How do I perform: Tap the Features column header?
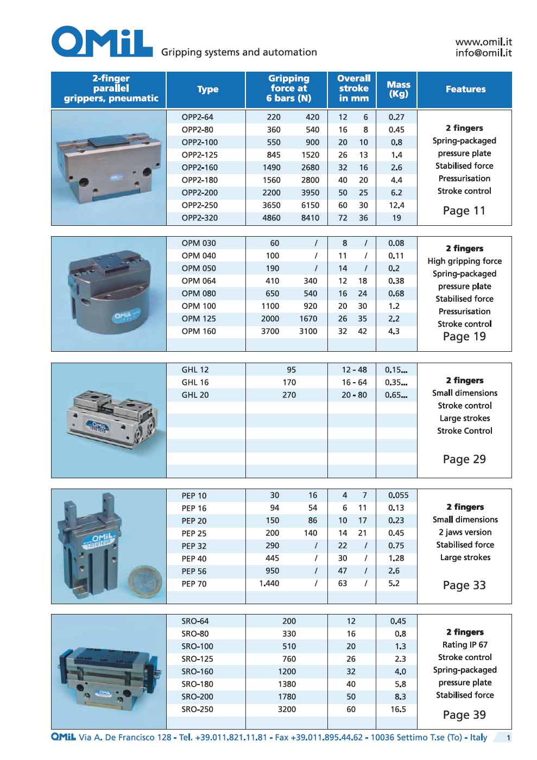pyautogui.click(x=465, y=89)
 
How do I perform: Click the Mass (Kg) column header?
pyautogui.click(x=398, y=89)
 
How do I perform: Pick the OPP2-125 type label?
pyautogui.click(x=199, y=155)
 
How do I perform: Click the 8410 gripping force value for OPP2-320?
pyautogui.click(x=310, y=218)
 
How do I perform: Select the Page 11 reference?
pyautogui.click(x=464, y=211)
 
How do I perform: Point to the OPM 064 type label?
pyautogui.click(x=199, y=281)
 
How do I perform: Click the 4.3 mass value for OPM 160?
pyautogui.click(x=394, y=331)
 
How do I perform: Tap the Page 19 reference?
pyautogui.click(x=464, y=337)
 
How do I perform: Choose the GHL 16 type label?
pyautogui.click(x=195, y=382)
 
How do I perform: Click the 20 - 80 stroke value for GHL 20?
pyautogui.click(x=354, y=395)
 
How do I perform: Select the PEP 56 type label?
pyautogui.click(x=194, y=571)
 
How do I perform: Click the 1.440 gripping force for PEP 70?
pyautogui.click(x=269, y=584)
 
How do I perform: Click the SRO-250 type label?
pyautogui.click(x=197, y=710)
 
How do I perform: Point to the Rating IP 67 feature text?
pyautogui.click(x=465, y=645)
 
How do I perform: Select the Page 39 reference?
pyautogui.click(x=464, y=715)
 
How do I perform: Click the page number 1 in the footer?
pyautogui.click(x=508, y=738)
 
